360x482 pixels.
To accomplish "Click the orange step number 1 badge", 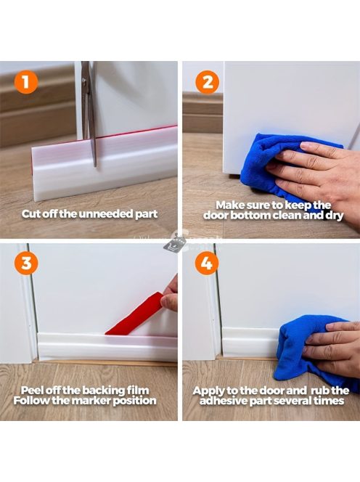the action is [26, 82].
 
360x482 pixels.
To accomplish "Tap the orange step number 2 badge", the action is [208, 82].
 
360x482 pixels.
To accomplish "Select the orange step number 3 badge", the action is [26, 263].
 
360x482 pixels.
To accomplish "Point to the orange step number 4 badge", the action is [207, 263].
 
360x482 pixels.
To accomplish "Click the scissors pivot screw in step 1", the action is [84, 81].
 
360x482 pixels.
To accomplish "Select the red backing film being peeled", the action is [136, 314].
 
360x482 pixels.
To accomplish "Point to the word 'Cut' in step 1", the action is [30, 214].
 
